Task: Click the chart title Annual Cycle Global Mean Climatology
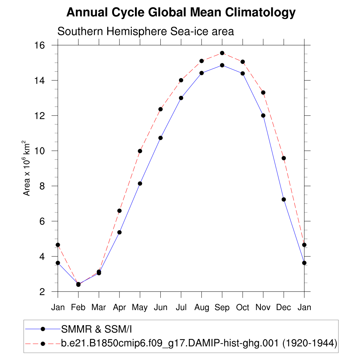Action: coord(181,13)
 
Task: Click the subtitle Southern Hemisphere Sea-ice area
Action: coord(146,31)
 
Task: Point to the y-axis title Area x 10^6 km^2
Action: coord(27,168)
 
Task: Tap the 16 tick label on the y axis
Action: coord(39,45)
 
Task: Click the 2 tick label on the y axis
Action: coord(42,292)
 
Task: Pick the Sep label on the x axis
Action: coord(222,308)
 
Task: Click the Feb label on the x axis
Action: coord(78,308)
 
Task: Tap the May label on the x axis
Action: coord(140,308)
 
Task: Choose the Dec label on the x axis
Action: coord(284,308)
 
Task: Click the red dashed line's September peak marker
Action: coord(222,53)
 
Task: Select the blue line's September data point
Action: coord(222,65)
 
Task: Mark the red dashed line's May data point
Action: coord(140,151)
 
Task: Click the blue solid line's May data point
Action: coord(140,184)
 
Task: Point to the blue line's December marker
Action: coord(284,199)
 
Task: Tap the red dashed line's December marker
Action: coord(284,158)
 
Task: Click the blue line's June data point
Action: coord(160,138)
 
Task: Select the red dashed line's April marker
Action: coord(120,211)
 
